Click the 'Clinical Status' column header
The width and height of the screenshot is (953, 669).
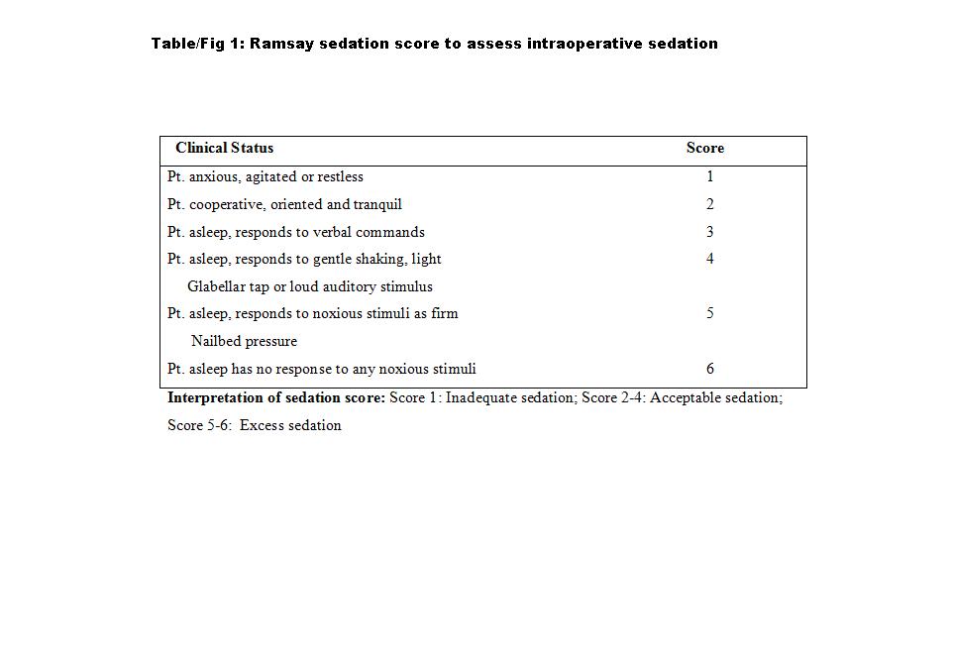point(224,148)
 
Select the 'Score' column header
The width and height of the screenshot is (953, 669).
point(704,148)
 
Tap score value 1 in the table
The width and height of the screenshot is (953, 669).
point(710,176)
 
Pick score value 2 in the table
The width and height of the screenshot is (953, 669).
point(710,204)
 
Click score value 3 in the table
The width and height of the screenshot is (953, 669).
point(710,232)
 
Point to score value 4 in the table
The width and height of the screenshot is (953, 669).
point(710,259)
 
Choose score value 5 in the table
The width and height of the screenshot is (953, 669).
point(710,313)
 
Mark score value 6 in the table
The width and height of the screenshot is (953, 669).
point(710,369)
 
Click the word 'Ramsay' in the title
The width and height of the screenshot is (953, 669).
point(281,44)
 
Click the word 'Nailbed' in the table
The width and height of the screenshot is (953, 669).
point(216,341)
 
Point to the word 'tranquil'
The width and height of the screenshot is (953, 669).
point(377,204)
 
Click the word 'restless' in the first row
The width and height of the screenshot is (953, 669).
point(340,176)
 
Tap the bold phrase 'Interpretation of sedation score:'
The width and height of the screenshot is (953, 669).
point(275,397)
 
